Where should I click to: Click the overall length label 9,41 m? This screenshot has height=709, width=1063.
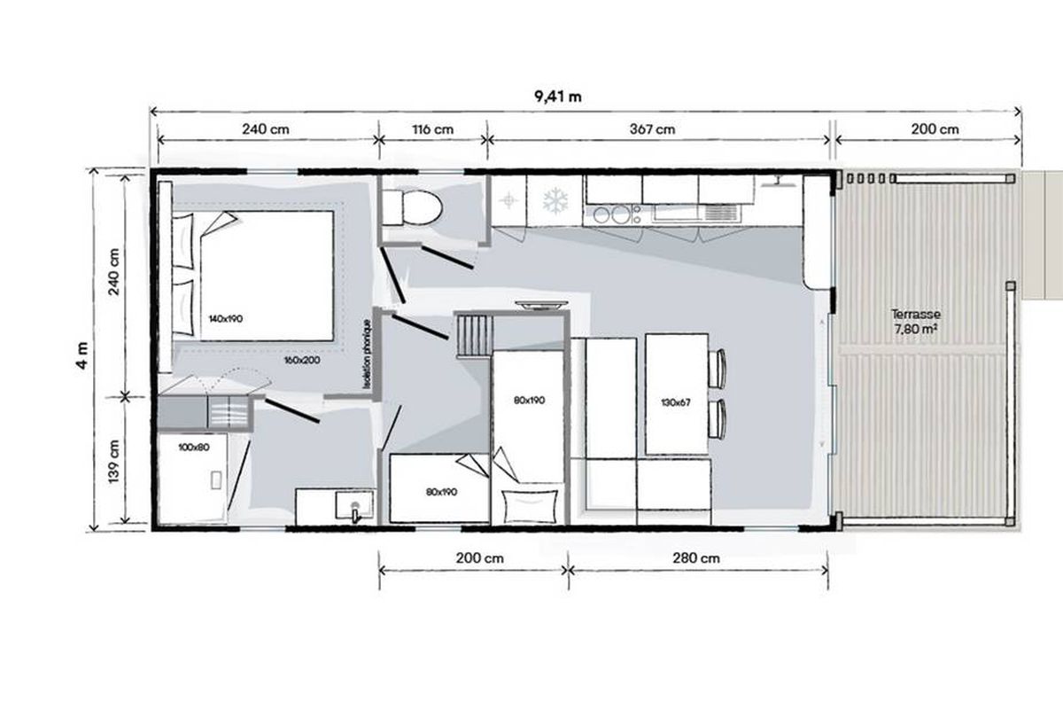(557, 97)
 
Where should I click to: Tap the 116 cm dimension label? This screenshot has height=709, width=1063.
(433, 129)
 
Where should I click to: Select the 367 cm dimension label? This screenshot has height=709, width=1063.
(653, 129)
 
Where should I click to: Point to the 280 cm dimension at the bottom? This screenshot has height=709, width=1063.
(696, 558)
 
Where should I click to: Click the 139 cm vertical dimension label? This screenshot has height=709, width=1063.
(114, 462)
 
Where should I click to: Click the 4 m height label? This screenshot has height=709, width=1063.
(82, 355)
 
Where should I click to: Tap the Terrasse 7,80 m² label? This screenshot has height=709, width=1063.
(916, 322)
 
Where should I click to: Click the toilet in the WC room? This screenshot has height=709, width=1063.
(412, 207)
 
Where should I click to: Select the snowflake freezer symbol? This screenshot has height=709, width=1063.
(555, 200)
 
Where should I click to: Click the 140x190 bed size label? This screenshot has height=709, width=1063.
(225, 319)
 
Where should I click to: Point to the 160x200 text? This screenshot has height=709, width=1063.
(302, 361)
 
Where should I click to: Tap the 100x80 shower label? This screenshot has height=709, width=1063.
(194, 448)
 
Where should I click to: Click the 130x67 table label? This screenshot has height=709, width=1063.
(676, 402)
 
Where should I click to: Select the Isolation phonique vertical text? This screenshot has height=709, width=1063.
(366, 354)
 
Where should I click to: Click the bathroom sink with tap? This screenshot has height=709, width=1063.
(354, 506)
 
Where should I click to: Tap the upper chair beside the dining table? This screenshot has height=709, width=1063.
(717, 369)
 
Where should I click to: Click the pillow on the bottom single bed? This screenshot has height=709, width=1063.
(530, 506)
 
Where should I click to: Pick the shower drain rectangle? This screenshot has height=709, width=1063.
(216, 480)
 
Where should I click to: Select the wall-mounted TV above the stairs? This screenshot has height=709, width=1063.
(541, 306)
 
